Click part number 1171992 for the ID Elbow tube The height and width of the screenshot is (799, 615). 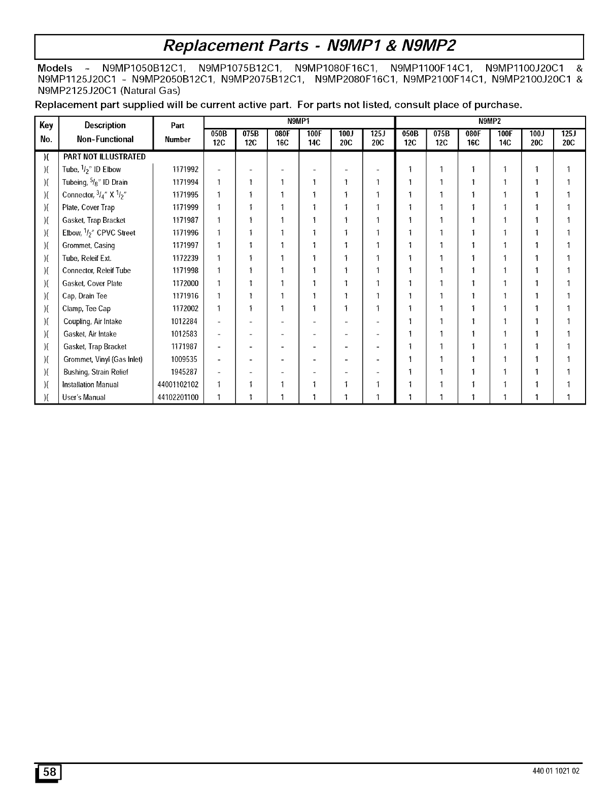(185, 170)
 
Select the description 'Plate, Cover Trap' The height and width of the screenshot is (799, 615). (88, 208)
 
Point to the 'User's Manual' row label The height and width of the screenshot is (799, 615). (84, 397)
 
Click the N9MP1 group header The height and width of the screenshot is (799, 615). (298, 121)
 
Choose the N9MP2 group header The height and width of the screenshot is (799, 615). (490, 121)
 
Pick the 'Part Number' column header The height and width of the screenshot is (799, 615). (178, 132)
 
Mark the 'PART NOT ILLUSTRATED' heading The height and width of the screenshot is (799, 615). (104, 157)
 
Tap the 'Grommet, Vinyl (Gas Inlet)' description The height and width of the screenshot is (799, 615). (103, 359)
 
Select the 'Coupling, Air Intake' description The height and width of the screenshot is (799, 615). (92, 321)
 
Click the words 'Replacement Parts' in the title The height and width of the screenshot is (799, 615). (235, 46)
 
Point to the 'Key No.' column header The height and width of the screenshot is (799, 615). (46, 132)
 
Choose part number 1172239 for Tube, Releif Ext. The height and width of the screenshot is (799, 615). (185, 258)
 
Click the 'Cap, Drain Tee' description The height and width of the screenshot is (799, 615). (85, 296)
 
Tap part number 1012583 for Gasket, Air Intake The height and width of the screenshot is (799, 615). (184, 334)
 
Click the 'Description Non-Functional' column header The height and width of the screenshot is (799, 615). (105, 132)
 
